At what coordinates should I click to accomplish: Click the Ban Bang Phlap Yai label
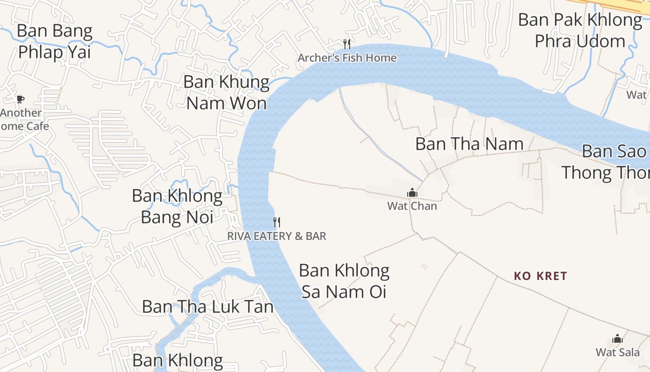(54, 41)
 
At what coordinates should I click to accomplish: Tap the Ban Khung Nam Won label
(227, 92)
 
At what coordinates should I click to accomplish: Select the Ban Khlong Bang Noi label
(177, 206)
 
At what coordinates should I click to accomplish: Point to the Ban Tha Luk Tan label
(208, 307)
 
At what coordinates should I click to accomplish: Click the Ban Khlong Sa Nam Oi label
(344, 281)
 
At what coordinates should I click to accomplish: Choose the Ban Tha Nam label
(469, 144)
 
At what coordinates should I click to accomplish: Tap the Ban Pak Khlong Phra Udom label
(580, 30)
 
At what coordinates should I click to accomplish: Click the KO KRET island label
(540, 276)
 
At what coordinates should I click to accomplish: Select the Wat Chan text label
(412, 206)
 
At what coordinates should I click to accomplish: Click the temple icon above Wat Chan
(412, 193)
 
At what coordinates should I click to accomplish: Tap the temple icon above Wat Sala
(617, 339)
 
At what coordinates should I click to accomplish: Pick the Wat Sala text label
(617, 352)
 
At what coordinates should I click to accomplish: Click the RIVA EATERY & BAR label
(277, 236)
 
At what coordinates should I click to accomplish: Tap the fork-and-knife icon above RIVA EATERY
(277, 222)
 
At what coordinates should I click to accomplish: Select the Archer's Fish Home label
(347, 58)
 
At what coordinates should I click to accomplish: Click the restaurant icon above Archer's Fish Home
(346, 44)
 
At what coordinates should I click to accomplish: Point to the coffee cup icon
(20, 99)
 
